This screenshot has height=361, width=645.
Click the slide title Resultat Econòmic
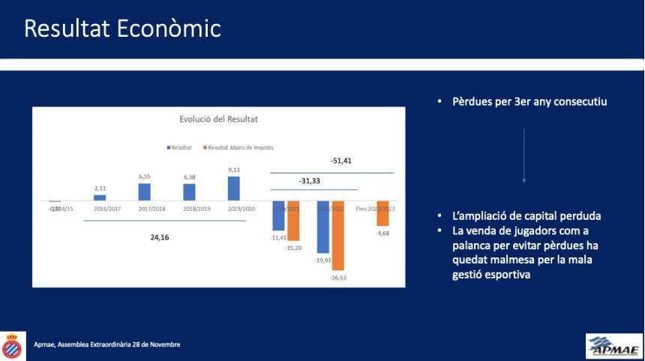122,29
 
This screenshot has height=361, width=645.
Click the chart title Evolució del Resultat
219,119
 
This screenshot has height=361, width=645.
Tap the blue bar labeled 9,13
233,188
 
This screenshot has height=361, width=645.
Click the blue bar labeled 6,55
144,192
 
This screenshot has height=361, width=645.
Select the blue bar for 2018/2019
189,192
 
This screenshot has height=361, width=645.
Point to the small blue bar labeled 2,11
100,197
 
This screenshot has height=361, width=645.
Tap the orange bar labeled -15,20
292,221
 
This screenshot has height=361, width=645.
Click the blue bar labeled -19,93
323,227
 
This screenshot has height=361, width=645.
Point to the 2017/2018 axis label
151,209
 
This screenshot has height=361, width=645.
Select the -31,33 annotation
309,181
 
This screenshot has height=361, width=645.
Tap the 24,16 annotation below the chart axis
160,237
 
